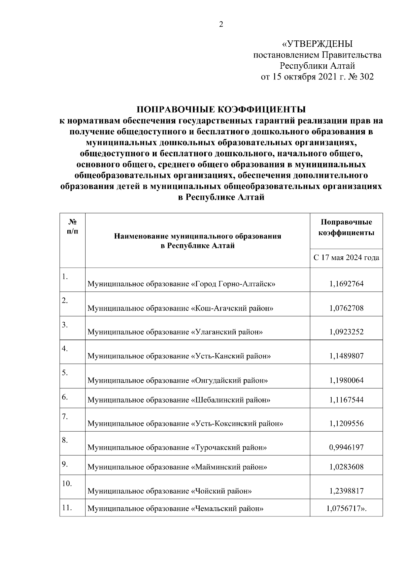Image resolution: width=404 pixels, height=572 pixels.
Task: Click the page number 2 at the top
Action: pos(221,25)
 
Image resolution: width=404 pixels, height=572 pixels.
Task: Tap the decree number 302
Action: pos(367,77)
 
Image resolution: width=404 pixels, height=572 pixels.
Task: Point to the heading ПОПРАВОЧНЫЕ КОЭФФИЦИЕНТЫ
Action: pos(221,110)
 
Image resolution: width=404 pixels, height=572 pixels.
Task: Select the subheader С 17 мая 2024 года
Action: pos(346,258)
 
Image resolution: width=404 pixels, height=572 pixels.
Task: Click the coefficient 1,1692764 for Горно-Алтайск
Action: pos(346,284)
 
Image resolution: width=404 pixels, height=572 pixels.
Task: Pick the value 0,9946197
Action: pos(346,447)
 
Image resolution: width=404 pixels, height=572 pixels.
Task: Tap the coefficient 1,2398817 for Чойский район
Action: pos(346,491)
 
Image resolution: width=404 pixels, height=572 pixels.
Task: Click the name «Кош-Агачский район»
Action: pos(232,308)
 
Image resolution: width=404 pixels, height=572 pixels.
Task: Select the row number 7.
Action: pos(65,417)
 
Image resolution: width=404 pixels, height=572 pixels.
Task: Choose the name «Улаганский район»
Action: pos(227,332)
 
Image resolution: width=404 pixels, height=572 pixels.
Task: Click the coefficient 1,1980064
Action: pos(346,380)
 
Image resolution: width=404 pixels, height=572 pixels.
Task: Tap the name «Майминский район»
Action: pos(229,467)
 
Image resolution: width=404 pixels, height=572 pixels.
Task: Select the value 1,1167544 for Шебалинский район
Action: pos(346,400)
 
